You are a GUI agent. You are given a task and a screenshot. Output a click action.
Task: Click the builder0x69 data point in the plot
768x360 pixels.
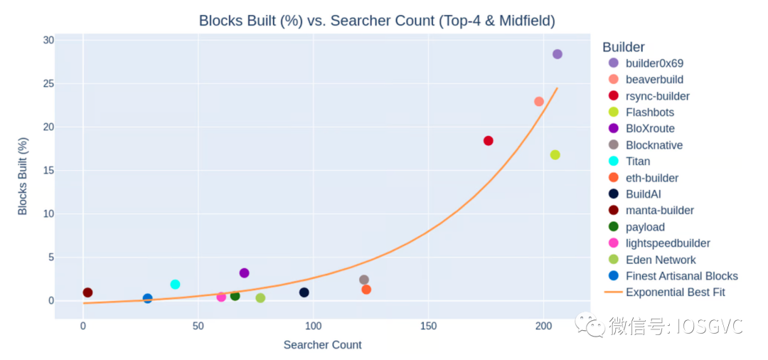coord(558,54)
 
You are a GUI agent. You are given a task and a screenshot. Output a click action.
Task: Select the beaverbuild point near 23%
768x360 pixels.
coord(539,102)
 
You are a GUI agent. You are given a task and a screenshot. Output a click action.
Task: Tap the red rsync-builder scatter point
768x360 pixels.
coord(489,141)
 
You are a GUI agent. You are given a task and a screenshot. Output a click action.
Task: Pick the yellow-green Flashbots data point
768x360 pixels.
coord(555,155)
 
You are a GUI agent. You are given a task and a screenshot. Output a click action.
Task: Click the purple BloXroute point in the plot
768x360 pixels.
coord(245,273)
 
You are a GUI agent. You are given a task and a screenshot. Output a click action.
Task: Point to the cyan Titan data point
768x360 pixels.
coord(176,285)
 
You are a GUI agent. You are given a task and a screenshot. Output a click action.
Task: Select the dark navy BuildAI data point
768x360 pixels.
coord(304,292)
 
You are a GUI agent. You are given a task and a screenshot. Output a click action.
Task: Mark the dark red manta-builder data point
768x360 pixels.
coord(87,292)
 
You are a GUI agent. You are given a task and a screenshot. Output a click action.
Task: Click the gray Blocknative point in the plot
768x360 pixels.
coord(364,280)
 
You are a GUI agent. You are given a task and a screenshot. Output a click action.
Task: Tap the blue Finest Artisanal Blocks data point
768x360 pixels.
coord(148,299)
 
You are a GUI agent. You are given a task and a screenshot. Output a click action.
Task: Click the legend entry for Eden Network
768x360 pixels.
coord(661,260)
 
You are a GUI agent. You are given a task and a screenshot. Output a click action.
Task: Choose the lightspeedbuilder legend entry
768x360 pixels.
coord(668,243)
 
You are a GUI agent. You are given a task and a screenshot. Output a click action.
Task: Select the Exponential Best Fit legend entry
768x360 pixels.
coord(675,292)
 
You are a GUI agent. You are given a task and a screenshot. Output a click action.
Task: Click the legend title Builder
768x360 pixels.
coord(624,47)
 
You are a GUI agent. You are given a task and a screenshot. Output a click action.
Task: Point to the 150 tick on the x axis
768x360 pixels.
coord(428,327)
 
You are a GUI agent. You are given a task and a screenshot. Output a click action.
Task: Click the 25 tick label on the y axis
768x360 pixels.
coord(48,84)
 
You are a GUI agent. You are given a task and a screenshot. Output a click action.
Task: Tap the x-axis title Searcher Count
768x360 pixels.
coord(323,345)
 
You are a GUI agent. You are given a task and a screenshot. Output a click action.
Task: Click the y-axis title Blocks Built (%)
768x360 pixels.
coord(23,176)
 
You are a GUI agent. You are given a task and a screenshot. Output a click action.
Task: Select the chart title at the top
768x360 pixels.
coord(377,21)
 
